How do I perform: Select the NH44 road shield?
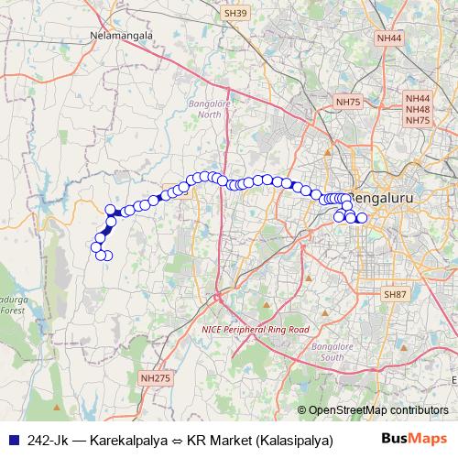pyautogui.click(x=389, y=38)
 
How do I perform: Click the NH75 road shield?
pyautogui.click(x=348, y=102)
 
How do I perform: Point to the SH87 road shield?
pyautogui.click(x=395, y=294)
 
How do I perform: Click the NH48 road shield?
pyautogui.click(x=418, y=109)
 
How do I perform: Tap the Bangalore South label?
pyautogui.click(x=327, y=353)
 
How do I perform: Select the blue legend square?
pyautogui.click(x=13, y=440)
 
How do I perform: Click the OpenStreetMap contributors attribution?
pyautogui.click(x=373, y=409)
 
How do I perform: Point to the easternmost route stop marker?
pyautogui.click(x=361, y=218)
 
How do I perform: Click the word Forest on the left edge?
pyautogui.click(x=12, y=311)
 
